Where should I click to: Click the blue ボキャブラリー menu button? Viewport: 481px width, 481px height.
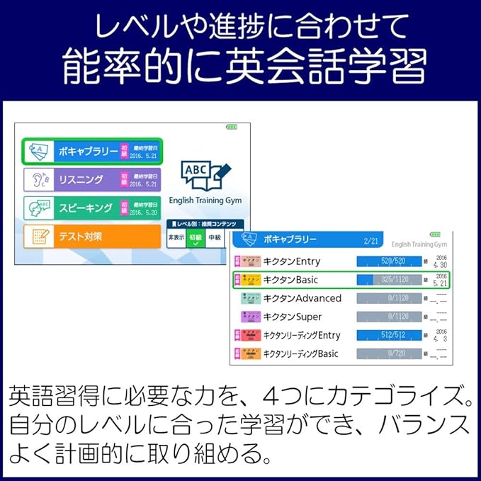coord(92,151)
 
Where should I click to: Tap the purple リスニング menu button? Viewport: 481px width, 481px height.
coord(92,179)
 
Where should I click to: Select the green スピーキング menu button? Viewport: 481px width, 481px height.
coord(92,208)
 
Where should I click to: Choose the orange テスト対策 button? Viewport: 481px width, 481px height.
coord(92,236)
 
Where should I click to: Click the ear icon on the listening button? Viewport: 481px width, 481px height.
coord(36,180)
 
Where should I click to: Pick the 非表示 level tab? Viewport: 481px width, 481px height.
coord(176,238)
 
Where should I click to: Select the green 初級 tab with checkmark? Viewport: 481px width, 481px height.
coord(196,239)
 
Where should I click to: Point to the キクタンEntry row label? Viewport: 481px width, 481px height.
coord(291,261)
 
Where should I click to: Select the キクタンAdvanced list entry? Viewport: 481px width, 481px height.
coord(302,298)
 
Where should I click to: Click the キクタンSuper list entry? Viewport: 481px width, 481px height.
coord(292,317)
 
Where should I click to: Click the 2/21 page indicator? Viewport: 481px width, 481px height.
coord(371,241)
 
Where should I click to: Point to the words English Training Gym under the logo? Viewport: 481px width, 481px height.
coord(205,201)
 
